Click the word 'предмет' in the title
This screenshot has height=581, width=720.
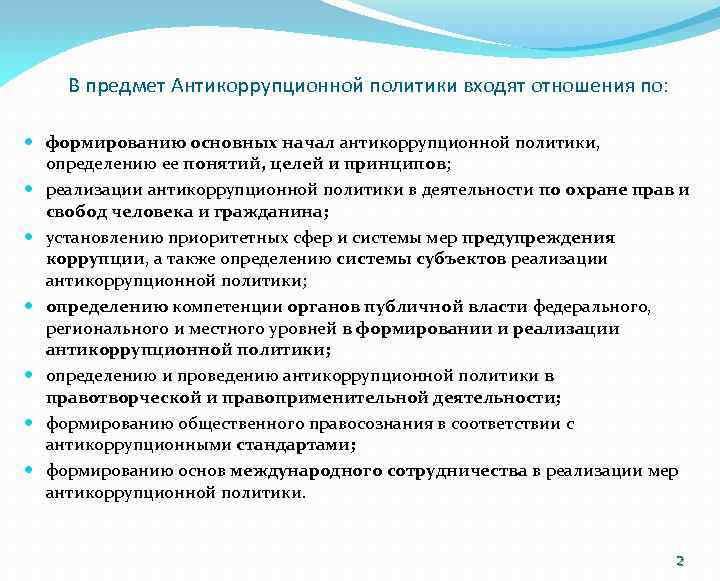tap(128, 86)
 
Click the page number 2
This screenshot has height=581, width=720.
tap(680, 560)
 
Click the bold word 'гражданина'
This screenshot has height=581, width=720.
tap(283, 212)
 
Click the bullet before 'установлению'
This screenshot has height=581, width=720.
tap(33, 238)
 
